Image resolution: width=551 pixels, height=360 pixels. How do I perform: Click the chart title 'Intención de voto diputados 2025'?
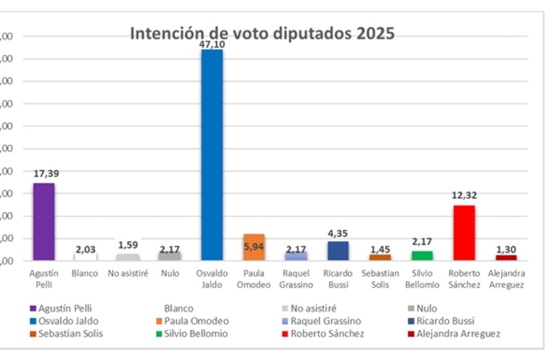(x=262, y=33)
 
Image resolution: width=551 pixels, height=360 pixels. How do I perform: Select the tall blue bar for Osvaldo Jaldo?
(x=212, y=155)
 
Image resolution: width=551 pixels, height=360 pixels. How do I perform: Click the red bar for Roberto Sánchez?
(x=464, y=232)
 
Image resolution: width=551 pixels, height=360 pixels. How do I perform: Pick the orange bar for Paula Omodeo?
(x=254, y=247)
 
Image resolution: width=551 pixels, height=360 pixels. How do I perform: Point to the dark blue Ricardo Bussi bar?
(x=338, y=251)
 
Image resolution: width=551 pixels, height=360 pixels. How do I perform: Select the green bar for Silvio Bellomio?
(x=422, y=255)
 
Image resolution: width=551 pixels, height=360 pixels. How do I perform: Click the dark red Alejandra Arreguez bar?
(x=506, y=258)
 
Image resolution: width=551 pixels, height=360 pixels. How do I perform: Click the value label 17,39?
(x=46, y=174)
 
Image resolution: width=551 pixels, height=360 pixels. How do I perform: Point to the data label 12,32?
(x=464, y=196)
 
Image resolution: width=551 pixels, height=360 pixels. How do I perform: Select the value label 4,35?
(x=338, y=233)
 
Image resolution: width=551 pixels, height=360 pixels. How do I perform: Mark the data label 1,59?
(x=128, y=245)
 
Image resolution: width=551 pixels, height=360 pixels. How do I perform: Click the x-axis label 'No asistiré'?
(x=128, y=274)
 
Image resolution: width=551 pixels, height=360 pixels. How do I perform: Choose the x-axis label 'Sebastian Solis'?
(x=380, y=279)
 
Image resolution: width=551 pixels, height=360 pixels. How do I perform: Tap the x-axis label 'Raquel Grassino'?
(x=296, y=279)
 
